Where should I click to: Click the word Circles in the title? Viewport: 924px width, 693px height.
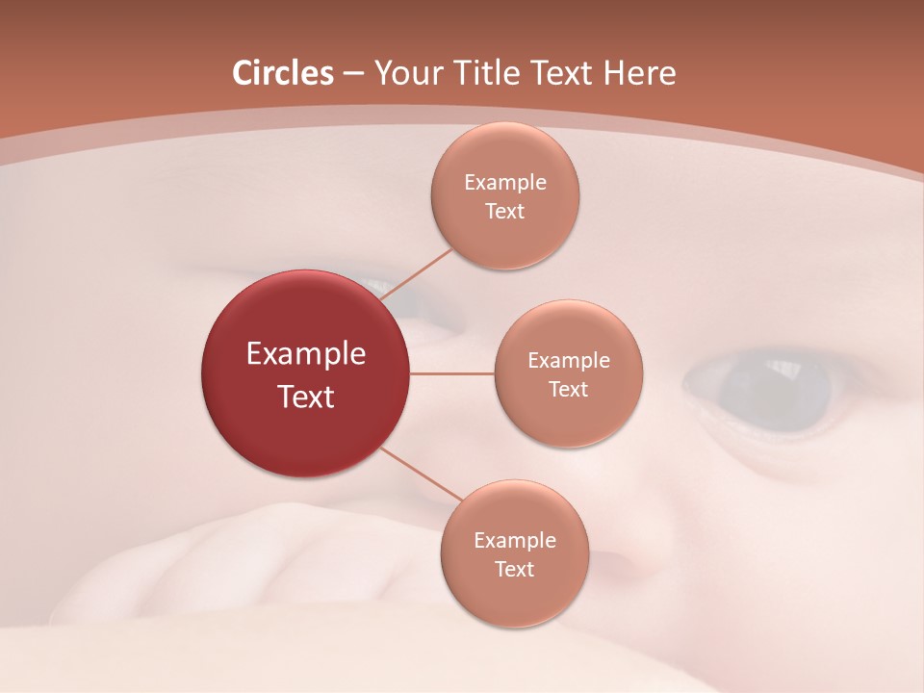[x=283, y=73]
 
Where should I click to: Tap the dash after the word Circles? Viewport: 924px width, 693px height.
[x=352, y=74]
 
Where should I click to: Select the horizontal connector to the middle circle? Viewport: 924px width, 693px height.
[x=451, y=373]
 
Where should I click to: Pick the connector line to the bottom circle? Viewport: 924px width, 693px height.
[x=422, y=475]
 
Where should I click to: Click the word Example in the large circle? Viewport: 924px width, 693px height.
[x=306, y=354]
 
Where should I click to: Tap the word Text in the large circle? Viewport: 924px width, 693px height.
[x=306, y=397]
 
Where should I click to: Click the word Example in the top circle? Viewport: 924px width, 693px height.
[x=505, y=183]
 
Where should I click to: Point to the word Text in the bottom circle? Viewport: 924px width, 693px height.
[x=514, y=570]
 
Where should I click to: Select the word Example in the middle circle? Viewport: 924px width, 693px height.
[x=569, y=361]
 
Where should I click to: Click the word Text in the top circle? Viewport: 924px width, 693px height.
[x=505, y=212]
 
